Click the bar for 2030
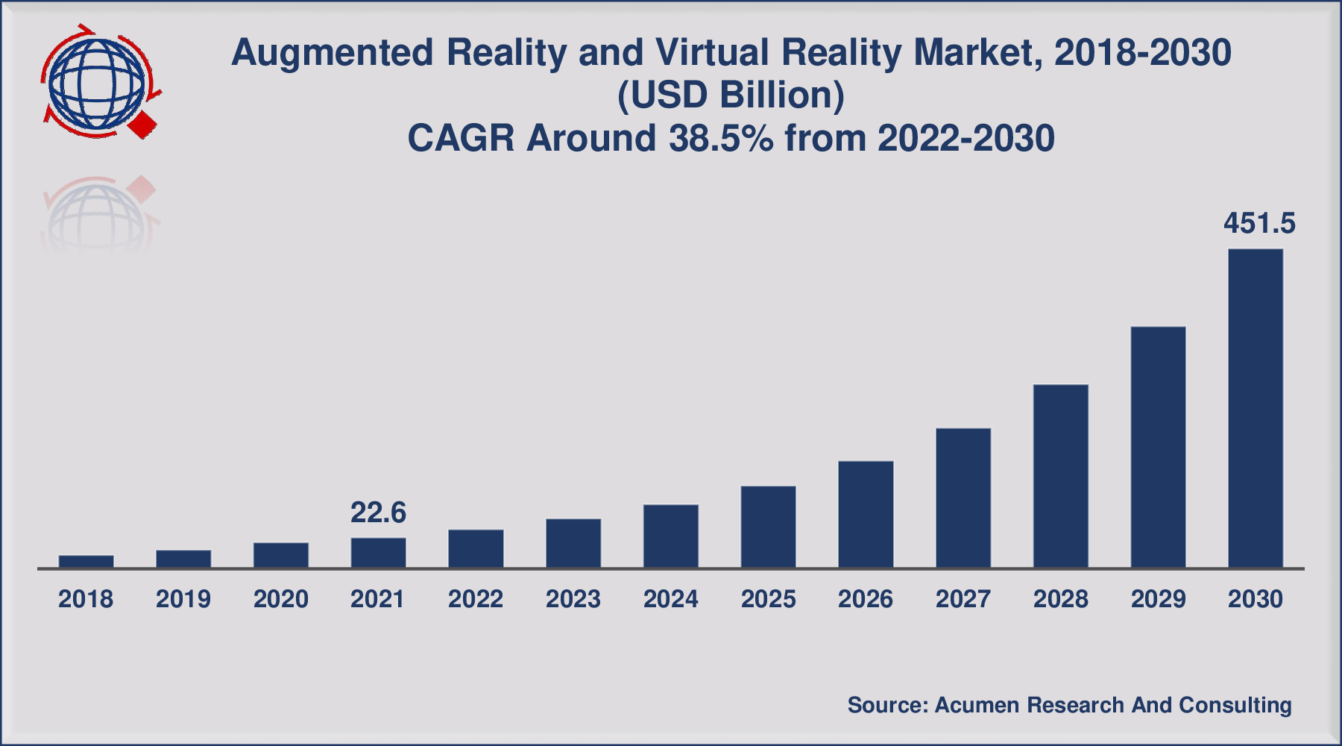pos(1256,408)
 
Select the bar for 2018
pos(86,562)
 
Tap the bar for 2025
pos(768,527)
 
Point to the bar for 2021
pos(378,553)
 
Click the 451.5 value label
pos(1259,223)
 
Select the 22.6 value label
pos(378,513)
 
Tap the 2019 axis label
pos(183,599)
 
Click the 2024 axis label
pos(670,599)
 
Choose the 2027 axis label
pos(963,599)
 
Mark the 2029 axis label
pos(1158,599)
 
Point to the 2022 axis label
pos(476,599)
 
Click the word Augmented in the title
pos(333,53)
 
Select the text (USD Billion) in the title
pos(731,95)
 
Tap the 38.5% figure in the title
pos(721,139)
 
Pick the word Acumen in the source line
pos(977,705)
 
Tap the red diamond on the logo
pos(143,124)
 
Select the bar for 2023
pos(573,543)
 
